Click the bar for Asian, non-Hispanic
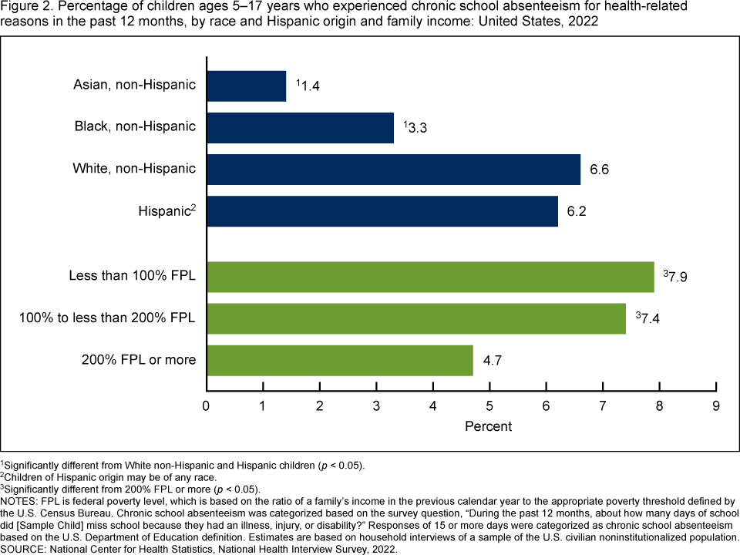(x=246, y=86)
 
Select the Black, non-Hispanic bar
(x=300, y=128)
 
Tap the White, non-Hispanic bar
(x=393, y=170)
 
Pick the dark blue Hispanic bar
(x=382, y=211)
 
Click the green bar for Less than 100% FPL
(x=430, y=277)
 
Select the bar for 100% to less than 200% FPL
(x=415, y=318)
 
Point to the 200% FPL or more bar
(x=339, y=360)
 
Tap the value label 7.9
(x=678, y=277)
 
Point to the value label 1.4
(x=310, y=86)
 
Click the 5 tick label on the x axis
(x=489, y=405)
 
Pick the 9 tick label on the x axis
(x=716, y=405)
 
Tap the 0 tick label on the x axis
(x=206, y=405)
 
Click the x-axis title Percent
(x=488, y=425)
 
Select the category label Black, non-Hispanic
(x=134, y=126)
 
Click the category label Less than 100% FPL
(x=132, y=275)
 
